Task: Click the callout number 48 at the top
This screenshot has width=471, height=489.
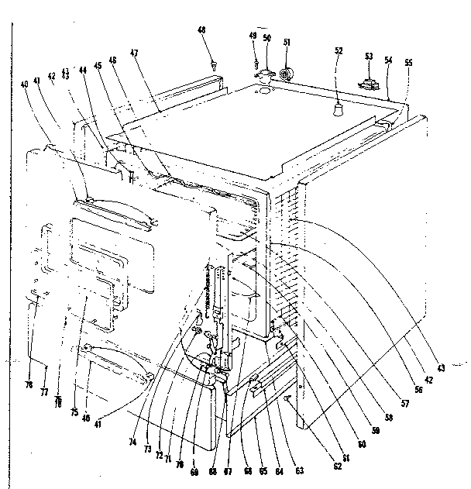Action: click(202, 30)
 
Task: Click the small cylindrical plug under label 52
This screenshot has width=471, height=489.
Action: click(338, 109)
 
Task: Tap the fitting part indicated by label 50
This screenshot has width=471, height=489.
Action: click(265, 75)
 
